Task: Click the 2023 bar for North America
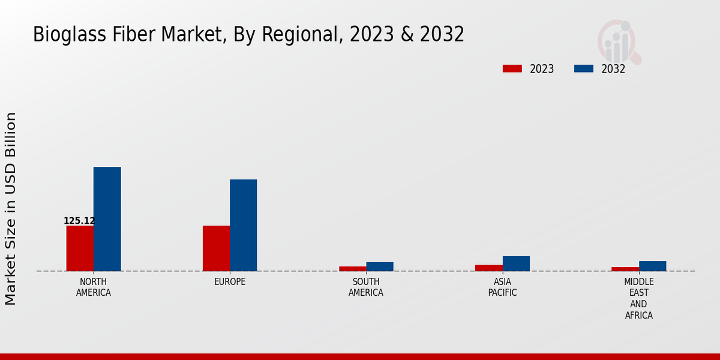pyautogui.click(x=80, y=248)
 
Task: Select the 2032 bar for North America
pyautogui.click(x=107, y=219)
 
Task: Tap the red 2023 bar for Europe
pyautogui.click(x=216, y=248)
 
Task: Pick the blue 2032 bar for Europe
pyautogui.click(x=243, y=225)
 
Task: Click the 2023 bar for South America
pyautogui.click(x=352, y=269)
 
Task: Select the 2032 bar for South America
pyautogui.click(x=380, y=266)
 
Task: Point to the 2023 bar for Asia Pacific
pyautogui.click(x=488, y=268)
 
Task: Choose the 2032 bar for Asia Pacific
pyautogui.click(x=516, y=263)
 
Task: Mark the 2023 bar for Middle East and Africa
pyautogui.click(x=625, y=269)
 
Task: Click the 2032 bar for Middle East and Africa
pyautogui.click(x=652, y=266)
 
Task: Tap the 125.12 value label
pyautogui.click(x=79, y=221)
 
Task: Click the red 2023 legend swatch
pyautogui.click(x=512, y=69)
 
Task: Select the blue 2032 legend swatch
pyautogui.click(x=583, y=69)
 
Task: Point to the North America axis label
pyautogui.click(x=94, y=287)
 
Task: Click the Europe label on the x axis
pyautogui.click(x=230, y=282)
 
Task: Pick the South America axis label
pyautogui.click(x=366, y=287)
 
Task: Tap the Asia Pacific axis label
pyautogui.click(x=502, y=287)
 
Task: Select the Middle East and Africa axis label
pyautogui.click(x=639, y=298)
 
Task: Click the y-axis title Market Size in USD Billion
pyautogui.click(x=11, y=208)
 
